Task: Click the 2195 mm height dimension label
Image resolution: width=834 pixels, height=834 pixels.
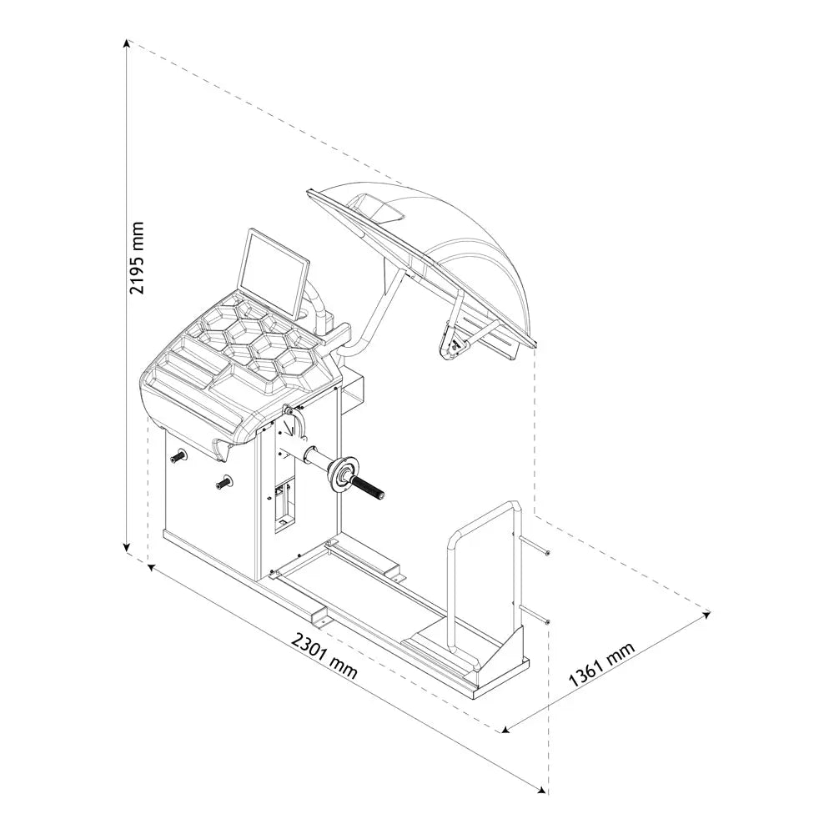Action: click(137, 258)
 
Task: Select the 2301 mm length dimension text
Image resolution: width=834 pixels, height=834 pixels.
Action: click(324, 655)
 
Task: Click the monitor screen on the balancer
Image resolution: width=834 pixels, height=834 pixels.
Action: click(274, 272)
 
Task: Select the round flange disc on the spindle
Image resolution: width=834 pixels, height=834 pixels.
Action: click(341, 475)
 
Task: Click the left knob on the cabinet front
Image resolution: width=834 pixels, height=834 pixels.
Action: click(178, 457)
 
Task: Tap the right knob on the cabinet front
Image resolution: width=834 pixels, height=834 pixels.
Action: click(224, 481)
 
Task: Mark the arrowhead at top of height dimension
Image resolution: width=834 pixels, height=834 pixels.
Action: click(127, 43)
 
